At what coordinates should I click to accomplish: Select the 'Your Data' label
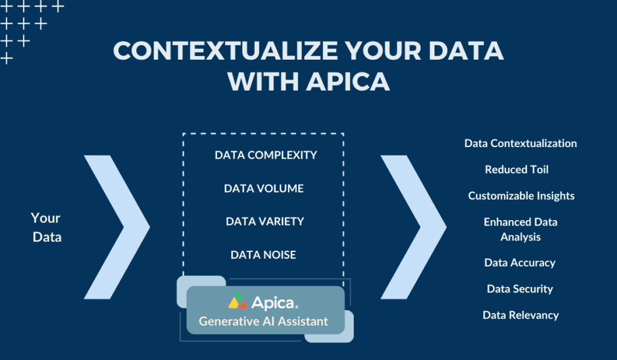pyautogui.click(x=46, y=227)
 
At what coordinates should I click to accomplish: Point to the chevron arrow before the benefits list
pyautogui.click(x=413, y=227)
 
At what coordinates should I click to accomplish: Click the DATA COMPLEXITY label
pyautogui.click(x=265, y=155)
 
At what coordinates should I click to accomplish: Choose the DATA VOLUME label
pyautogui.click(x=263, y=188)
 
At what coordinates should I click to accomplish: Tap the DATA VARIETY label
pyautogui.click(x=265, y=221)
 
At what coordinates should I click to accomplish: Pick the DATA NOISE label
pyautogui.click(x=263, y=254)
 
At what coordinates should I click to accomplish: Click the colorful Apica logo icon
pyautogui.click(x=238, y=301)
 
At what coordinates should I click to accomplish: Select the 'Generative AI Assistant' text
pyautogui.click(x=263, y=321)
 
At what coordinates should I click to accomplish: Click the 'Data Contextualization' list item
pyautogui.click(x=521, y=144)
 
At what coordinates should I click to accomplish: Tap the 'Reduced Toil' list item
pyautogui.click(x=516, y=169)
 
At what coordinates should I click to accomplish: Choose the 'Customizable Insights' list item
pyautogui.click(x=521, y=195)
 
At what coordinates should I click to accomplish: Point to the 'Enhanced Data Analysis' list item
pyautogui.click(x=520, y=229)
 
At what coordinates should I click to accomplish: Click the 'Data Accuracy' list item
pyautogui.click(x=519, y=262)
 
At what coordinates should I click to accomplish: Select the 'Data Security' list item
pyautogui.click(x=519, y=289)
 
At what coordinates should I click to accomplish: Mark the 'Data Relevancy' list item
pyautogui.click(x=521, y=315)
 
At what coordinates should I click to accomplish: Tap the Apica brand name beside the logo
pyautogui.click(x=275, y=301)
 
